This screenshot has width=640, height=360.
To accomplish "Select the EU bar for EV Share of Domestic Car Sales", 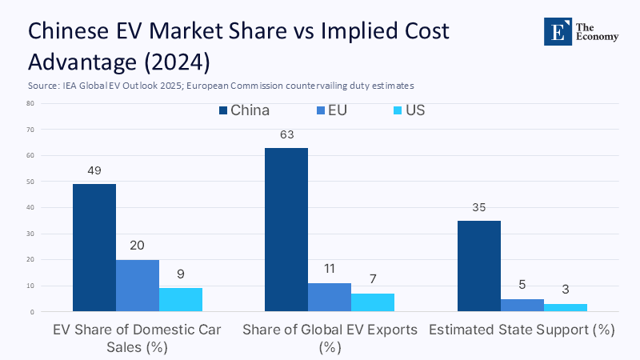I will [x=138, y=286].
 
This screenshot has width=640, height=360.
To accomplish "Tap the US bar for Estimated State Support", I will [x=565, y=307].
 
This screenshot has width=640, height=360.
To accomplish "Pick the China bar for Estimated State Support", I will [x=478, y=266].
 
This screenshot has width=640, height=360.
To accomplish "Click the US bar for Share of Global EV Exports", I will [x=373, y=302].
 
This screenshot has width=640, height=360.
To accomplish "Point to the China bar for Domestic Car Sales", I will [x=94, y=247].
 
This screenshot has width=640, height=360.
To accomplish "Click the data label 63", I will [x=287, y=134].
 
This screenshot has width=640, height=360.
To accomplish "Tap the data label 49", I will [x=94, y=170].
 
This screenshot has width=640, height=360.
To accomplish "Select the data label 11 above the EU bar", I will [x=330, y=270].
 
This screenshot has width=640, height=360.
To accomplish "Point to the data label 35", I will [x=478, y=207].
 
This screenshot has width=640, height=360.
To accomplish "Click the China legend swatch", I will [x=223, y=110].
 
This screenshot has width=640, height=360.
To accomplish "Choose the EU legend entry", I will [x=336, y=110].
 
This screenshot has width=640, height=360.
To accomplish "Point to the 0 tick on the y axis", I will [x=31, y=311].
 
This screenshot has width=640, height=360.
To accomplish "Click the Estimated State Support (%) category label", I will [x=522, y=330].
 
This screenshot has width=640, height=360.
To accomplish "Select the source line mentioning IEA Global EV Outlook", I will [x=220, y=85].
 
